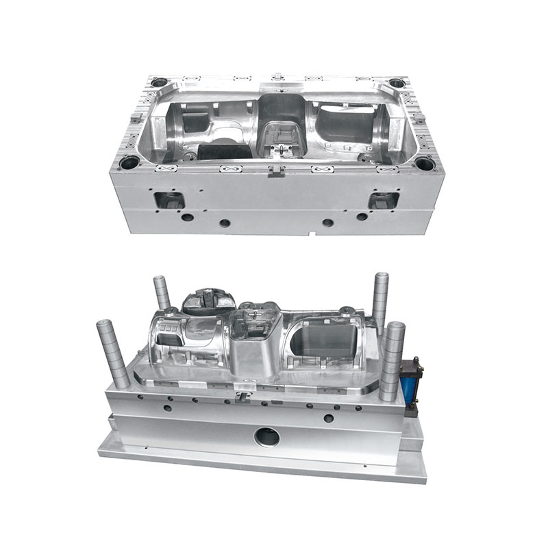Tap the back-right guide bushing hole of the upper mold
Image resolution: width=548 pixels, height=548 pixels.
397,83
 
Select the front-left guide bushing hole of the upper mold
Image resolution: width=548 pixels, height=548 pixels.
128,164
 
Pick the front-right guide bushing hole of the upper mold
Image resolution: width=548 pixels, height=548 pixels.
425,164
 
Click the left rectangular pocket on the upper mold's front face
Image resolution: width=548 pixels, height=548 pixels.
169,201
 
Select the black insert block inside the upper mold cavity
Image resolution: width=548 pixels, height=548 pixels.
221,151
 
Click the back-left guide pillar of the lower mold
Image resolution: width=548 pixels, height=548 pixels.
162,293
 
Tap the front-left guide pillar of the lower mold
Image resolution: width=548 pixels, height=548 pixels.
114,353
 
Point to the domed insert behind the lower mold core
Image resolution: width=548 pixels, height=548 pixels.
209,302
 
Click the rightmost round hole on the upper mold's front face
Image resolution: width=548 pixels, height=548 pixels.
362,217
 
